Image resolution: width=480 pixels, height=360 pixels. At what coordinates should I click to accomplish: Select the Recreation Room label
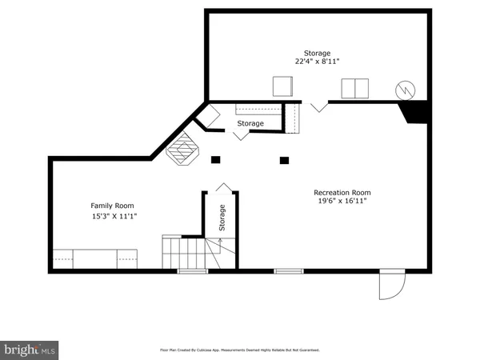point(342,192)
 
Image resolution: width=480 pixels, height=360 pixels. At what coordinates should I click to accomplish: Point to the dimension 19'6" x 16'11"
point(342,202)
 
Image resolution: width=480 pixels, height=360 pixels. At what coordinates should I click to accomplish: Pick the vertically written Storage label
point(222,218)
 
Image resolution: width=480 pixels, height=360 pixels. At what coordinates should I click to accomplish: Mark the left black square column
point(214,160)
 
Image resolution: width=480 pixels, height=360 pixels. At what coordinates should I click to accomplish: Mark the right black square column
point(284,160)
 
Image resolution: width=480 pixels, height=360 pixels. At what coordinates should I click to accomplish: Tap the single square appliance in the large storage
point(283,86)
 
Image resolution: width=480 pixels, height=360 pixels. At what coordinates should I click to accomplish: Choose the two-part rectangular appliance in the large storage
point(354,88)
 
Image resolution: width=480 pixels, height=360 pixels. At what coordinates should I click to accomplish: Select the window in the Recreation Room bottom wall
point(289,271)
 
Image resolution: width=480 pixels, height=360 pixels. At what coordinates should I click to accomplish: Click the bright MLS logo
point(30,350)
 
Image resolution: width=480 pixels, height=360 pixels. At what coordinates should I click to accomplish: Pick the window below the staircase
point(192,271)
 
